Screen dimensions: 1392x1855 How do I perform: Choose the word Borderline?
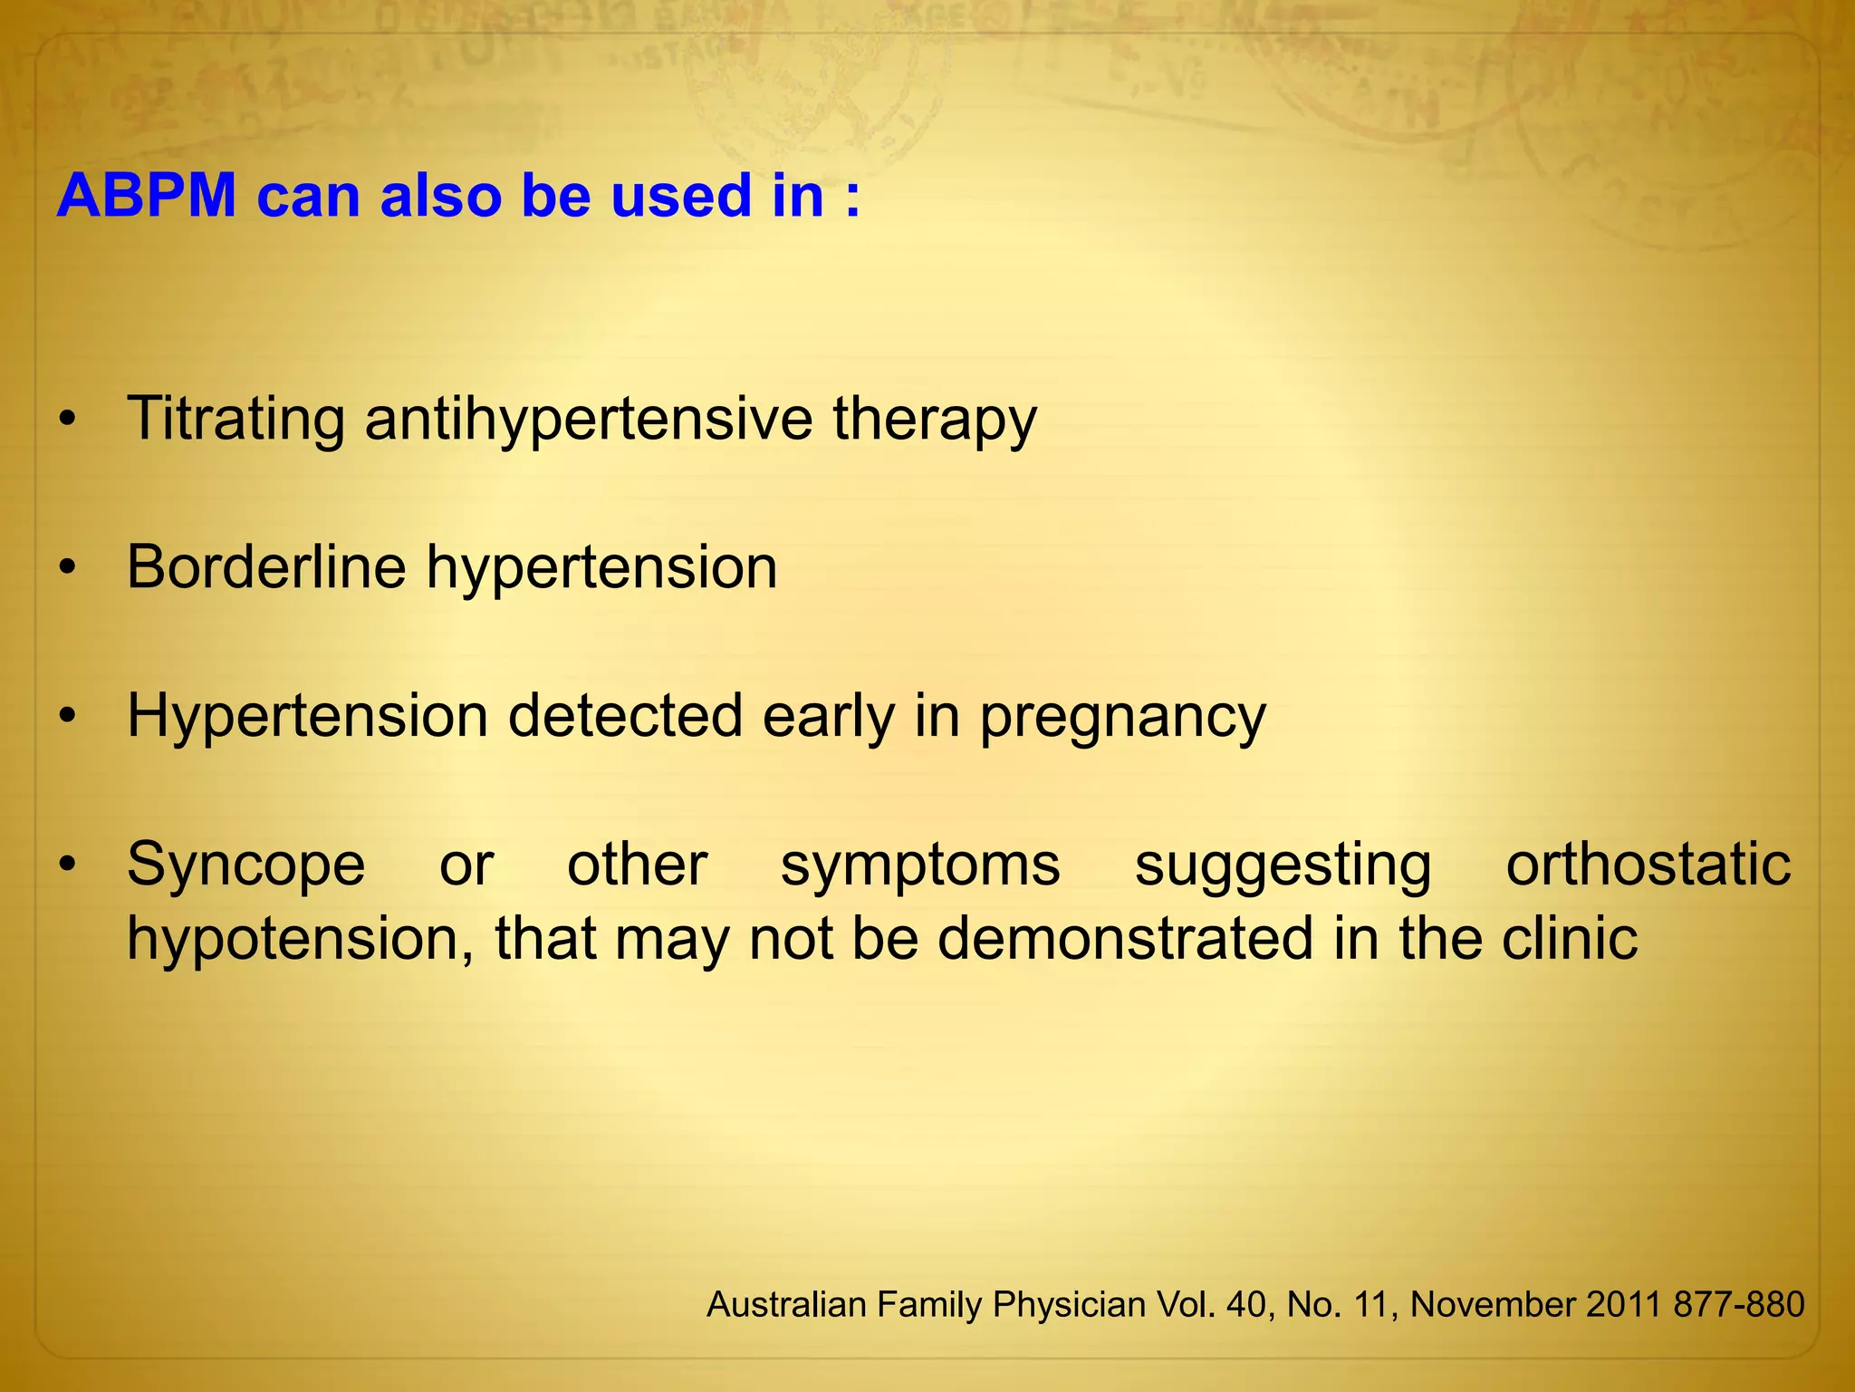[x=266, y=567]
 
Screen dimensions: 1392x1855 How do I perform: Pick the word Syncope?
[x=246, y=866]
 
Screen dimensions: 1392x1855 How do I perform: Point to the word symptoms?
[x=920, y=866]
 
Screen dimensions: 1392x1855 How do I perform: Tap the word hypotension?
[x=299, y=940]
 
